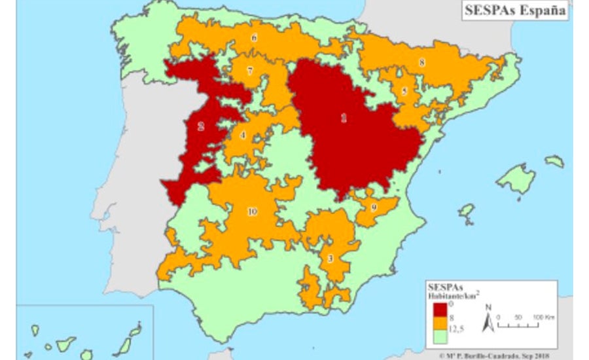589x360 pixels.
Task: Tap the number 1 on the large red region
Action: point(344,118)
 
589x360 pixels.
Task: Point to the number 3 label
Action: point(330,258)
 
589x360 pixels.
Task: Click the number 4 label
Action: point(243,135)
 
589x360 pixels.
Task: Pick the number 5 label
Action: point(404,92)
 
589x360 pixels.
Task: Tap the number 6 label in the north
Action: point(253,37)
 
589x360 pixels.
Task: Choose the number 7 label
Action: point(250,70)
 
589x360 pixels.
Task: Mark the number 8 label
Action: point(421,63)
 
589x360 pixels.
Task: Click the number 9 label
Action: point(374,207)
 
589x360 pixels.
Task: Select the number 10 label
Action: point(251,211)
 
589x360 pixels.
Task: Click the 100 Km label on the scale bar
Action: point(543,317)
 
